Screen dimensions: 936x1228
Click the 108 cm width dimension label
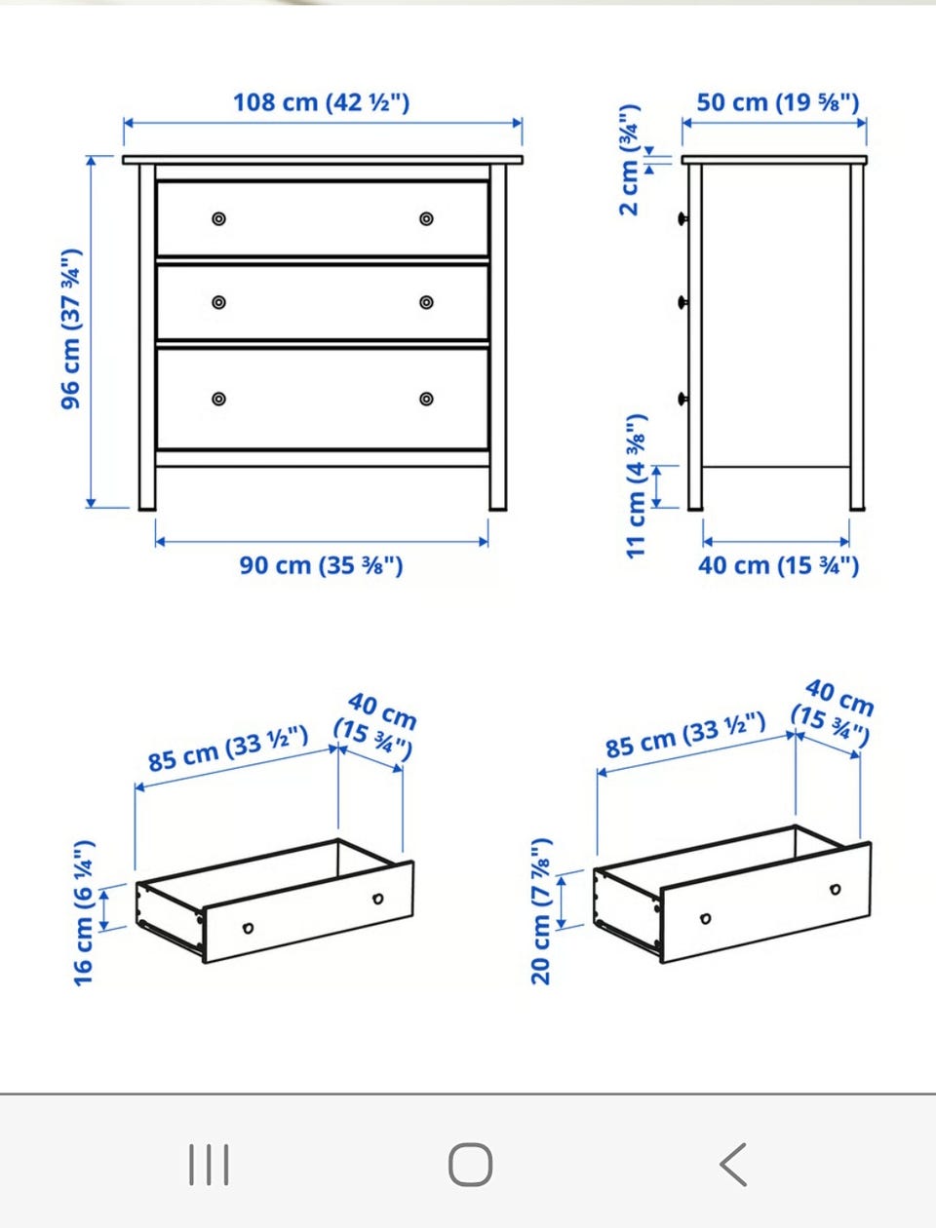pos(321,103)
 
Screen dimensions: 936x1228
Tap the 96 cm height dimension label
pos(71,329)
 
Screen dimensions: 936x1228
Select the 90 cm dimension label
pos(321,565)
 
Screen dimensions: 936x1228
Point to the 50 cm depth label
pos(778,103)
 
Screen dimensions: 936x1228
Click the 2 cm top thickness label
pos(629,160)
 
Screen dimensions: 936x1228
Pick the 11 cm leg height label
pos(636,486)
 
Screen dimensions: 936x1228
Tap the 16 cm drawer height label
pos(84,913)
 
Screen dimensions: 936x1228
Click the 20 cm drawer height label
pos(541,911)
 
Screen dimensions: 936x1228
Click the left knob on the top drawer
pos(218,218)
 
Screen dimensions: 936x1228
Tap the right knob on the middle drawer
pos(426,303)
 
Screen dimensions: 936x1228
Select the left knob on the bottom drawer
pos(218,399)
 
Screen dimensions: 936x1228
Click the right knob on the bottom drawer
pos(426,399)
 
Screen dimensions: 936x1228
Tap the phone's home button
pos(471,1165)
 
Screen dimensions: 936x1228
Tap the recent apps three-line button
pos(209,1165)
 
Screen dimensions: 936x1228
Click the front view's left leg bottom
pos(147,508)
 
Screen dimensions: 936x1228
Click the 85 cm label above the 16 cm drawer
pos(228,748)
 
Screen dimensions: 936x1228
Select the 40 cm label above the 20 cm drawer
pos(835,713)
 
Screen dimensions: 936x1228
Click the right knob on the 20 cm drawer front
pos(836,890)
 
